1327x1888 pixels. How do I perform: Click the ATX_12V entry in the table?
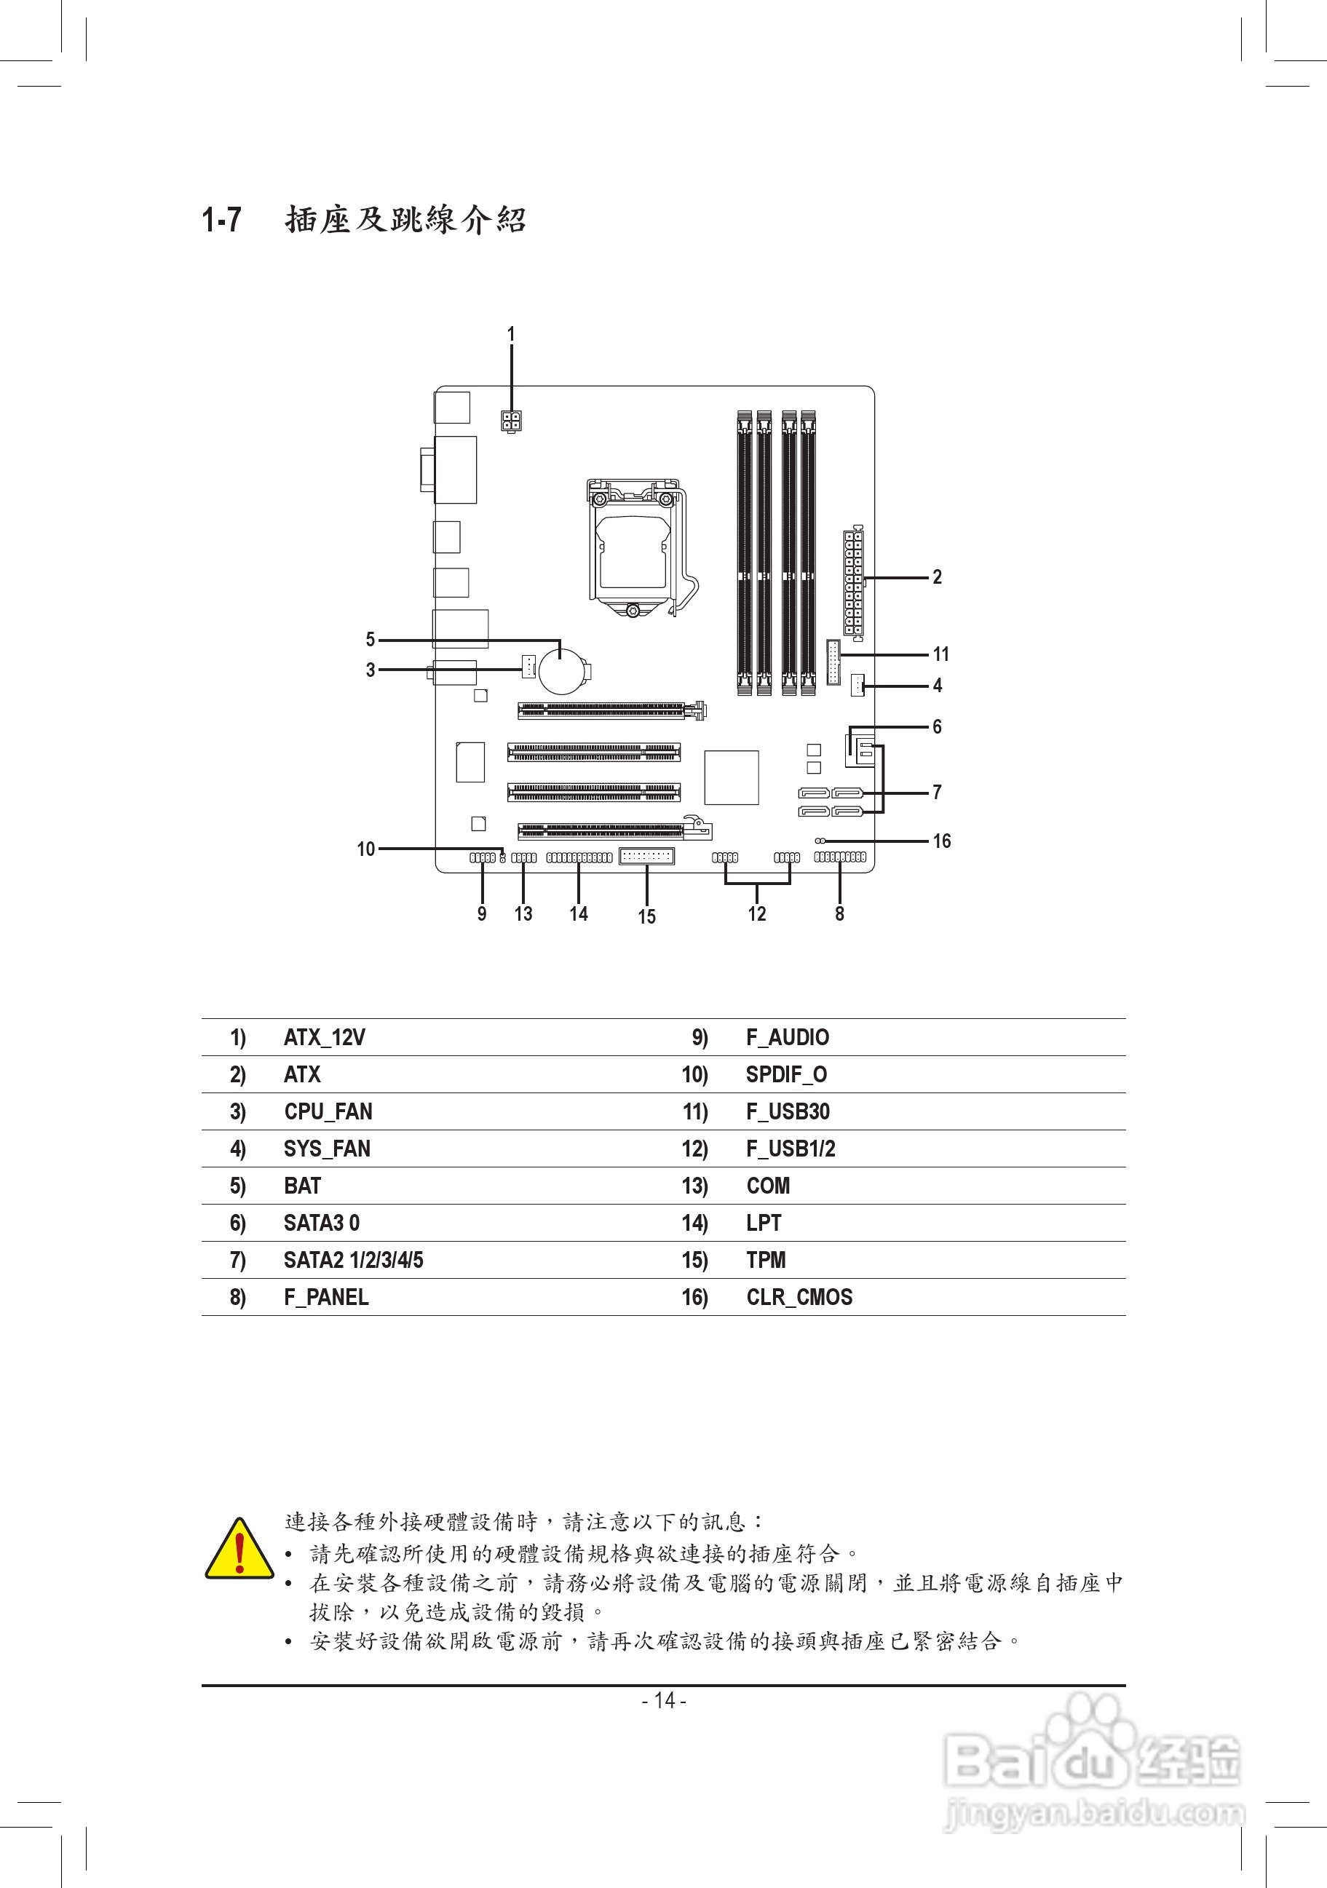325,1038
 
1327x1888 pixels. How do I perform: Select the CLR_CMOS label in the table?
799,1297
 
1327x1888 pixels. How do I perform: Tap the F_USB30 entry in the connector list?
788,1111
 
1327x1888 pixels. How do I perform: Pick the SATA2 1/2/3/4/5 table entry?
354,1260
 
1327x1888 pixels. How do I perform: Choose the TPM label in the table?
766,1260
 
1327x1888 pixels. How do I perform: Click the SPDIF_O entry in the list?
786,1075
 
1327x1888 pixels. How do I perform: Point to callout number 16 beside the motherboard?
941,841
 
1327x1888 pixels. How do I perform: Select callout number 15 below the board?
647,916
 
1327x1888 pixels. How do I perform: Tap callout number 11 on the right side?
940,654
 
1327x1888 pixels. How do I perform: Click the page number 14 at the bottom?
665,1700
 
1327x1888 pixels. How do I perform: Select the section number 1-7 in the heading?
222,220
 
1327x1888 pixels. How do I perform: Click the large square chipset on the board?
732,777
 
